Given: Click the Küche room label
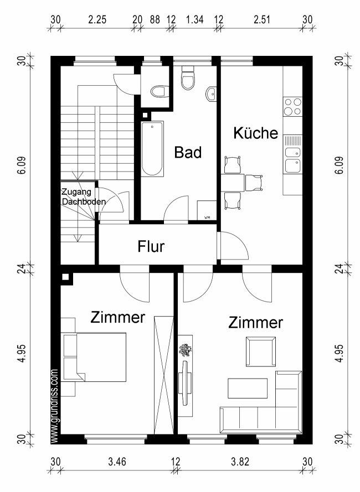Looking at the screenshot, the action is pyautogui.click(x=256, y=133).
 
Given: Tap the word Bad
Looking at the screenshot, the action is pyautogui.click(x=188, y=153).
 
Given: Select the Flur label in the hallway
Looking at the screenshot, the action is pyautogui.click(x=151, y=246).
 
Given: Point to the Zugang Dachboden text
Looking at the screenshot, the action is pyautogui.click(x=84, y=196).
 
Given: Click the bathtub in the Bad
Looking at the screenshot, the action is pyautogui.click(x=152, y=148).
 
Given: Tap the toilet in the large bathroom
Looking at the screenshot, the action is pyautogui.click(x=188, y=78).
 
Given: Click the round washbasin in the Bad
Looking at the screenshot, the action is pyautogui.click(x=212, y=94).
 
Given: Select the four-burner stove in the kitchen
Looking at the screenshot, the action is pyautogui.click(x=293, y=107).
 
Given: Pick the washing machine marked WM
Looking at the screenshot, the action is pyautogui.click(x=207, y=210).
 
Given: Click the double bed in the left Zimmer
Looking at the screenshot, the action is pyautogui.click(x=95, y=357).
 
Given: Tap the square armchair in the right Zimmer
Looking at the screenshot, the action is pyautogui.click(x=261, y=351).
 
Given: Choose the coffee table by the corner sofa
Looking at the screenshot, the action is pyautogui.click(x=248, y=389).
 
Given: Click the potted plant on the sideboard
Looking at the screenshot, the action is pyautogui.click(x=186, y=350).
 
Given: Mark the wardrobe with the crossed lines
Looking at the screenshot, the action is pyautogui.click(x=164, y=375).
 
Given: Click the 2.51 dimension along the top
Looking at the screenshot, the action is pyautogui.click(x=261, y=19).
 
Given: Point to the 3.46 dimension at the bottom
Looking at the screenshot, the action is pyautogui.click(x=117, y=462).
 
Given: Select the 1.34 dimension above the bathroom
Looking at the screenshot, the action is pyautogui.click(x=195, y=19).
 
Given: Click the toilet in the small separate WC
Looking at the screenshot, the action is pyautogui.click(x=158, y=92).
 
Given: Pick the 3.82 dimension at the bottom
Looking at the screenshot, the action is pyautogui.click(x=240, y=462).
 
